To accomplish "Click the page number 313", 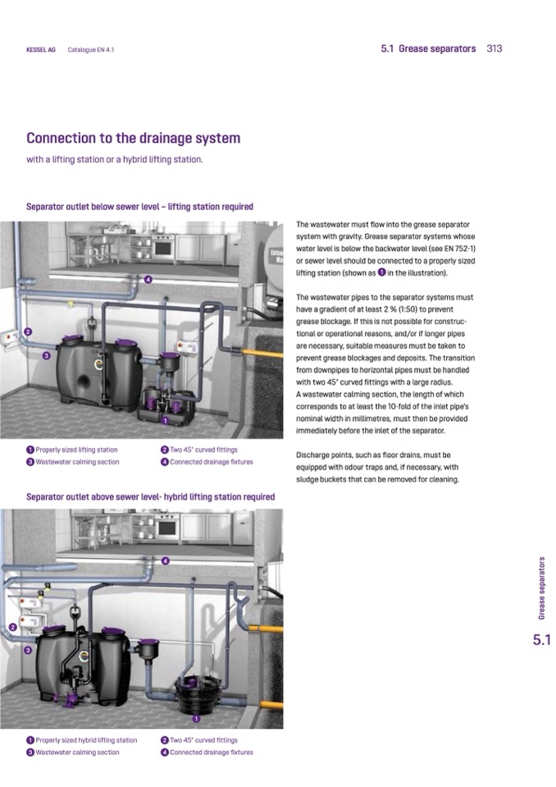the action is coord(494,48).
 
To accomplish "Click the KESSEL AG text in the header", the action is coord(41,50).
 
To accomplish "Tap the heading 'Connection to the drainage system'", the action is coord(134,138).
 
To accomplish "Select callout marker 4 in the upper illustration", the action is coord(148,280).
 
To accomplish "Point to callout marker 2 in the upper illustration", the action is coord(28,332).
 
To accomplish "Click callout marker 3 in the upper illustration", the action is coord(46,356).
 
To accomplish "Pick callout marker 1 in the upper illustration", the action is coord(165,421).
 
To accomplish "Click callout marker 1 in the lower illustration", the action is coord(197,719).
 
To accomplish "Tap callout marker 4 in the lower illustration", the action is coord(166,561).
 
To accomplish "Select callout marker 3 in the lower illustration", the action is coord(28,650).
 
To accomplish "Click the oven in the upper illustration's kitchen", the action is coord(163,248).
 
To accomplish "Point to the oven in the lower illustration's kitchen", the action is coord(167,528).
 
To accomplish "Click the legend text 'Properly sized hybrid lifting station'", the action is coord(86,740).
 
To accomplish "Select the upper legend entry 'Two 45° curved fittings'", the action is coord(203,450).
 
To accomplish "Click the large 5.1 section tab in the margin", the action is coord(541,640).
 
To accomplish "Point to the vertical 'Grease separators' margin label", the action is coord(541,588).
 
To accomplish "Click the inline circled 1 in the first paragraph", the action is coord(381,272).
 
